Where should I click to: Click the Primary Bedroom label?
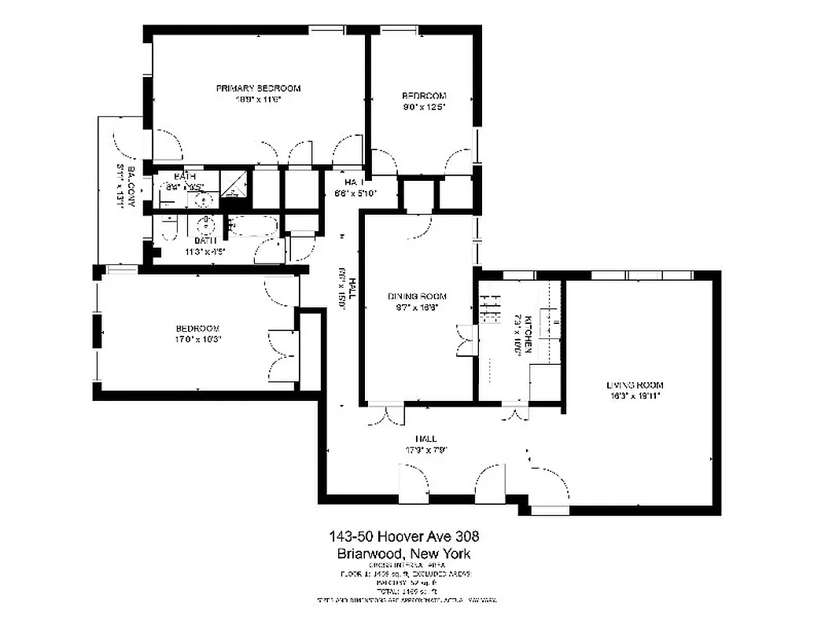click(258, 88)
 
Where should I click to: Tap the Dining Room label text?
click(417, 296)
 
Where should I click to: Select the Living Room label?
click(635, 385)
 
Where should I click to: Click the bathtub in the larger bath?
click(253, 227)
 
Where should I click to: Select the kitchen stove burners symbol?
click(491, 307)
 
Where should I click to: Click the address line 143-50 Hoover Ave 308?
click(403, 537)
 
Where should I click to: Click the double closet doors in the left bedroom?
click(280, 356)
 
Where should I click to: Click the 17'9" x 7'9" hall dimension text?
click(427, 451)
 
